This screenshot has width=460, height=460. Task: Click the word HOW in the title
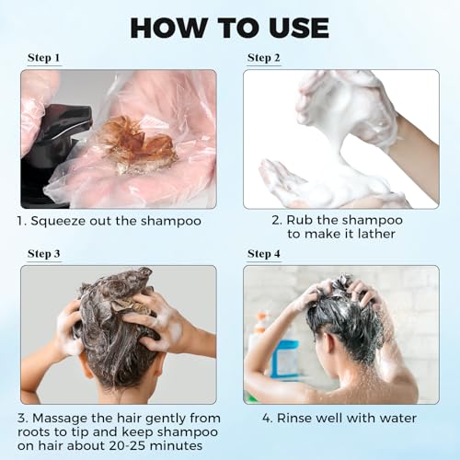(x=170, y=27)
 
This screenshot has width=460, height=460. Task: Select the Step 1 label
(x=43, y=58)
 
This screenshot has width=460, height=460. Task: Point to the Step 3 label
(x=43, y=253)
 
